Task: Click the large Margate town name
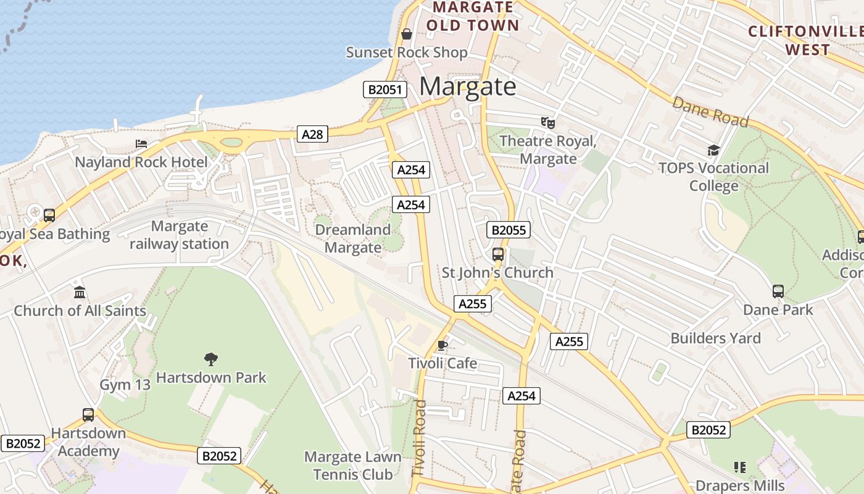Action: (x=467, y=86)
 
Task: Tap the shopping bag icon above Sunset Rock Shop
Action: (x=406, y=34)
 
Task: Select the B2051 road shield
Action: (x=384, y=90)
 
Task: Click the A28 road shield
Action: (x=312, y=134)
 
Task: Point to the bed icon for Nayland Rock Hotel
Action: (x=141, y=144)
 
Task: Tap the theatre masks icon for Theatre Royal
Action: (x=547, y=123)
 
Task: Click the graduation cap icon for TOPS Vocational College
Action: (x=713, y=150)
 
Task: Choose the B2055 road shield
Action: (x=509, y=230)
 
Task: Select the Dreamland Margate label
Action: (x=353, y=238)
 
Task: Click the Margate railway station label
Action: (x=179, y=235)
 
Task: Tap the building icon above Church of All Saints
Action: (x=80, y=292)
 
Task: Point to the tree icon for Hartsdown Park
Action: (x=211, y=359)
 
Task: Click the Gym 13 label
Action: (x=125, y=385)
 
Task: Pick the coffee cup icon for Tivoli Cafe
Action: (x=442, y=345)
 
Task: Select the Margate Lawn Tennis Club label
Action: (x=353, y=466)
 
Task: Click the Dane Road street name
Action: (x=710, y=112)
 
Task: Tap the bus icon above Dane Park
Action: (x=778, y=291)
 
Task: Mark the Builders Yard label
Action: (x=715, y=338)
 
